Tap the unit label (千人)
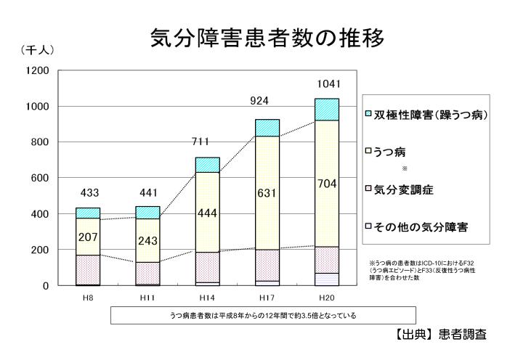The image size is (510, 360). tap(37, 50)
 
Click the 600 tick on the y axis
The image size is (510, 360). tap(39, 178)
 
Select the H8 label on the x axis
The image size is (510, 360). tap(88, 298)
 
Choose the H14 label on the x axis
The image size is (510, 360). tap(207, 298)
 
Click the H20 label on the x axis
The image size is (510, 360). tap(326, 298)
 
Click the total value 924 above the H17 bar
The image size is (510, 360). tap(259, 101)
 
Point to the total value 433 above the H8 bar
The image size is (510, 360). tap(89, 193)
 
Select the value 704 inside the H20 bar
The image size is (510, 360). tap(327, 184)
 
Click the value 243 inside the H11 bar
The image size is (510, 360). tap(148, 240)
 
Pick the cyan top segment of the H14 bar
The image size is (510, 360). tap(207, 165)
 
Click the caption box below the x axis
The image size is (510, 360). tap(263, 316)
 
